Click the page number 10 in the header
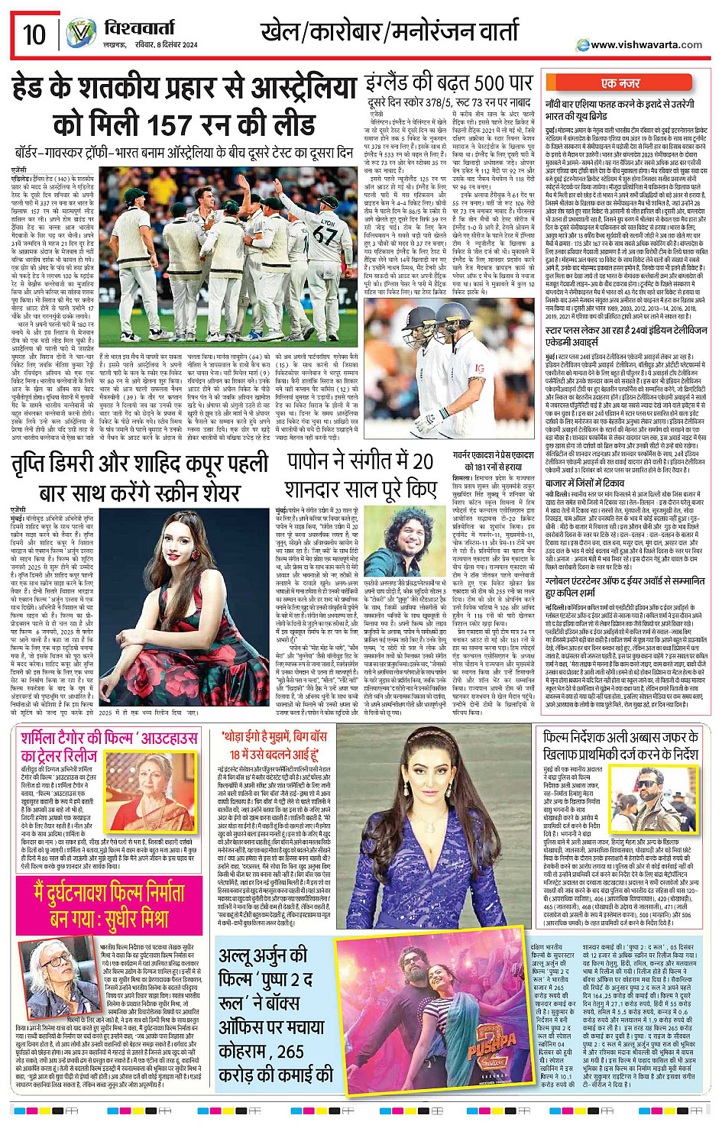(x=34, y=34)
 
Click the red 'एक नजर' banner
(x=620, y=83)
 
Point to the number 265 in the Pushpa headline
(x=290, y=1052)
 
